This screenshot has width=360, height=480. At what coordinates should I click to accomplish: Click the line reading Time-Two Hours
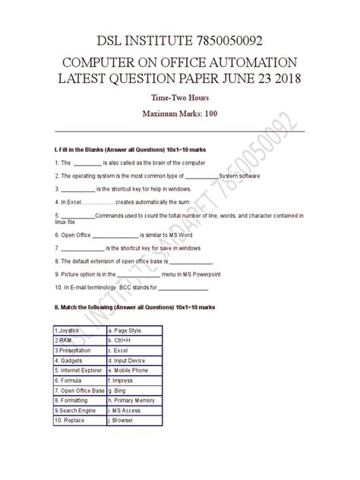coord(180,99)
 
